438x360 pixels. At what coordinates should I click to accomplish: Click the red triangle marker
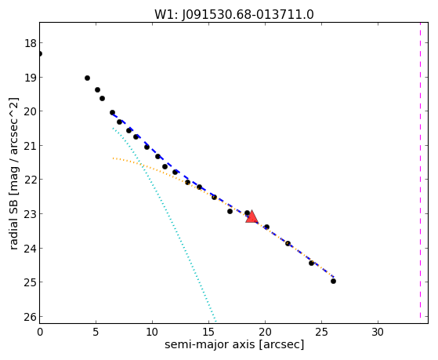252,216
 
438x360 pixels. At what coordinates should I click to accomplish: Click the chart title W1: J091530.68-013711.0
234,15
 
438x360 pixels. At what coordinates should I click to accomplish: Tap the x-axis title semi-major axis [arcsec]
234,344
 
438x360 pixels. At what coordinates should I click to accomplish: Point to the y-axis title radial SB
13,224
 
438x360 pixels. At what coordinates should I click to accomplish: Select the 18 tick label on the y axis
31,43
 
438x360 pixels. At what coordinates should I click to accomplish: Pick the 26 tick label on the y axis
31,317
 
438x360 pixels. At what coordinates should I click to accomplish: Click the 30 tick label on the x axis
378,333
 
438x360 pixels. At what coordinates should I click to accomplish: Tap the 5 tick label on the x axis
96,333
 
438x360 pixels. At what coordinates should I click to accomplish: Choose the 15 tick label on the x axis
208,333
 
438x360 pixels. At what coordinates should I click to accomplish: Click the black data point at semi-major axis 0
40,53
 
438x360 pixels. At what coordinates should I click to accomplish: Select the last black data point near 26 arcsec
333,281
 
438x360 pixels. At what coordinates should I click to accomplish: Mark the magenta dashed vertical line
420,170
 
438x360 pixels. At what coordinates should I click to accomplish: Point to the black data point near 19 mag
87,78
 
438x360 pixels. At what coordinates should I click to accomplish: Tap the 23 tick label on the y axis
31,214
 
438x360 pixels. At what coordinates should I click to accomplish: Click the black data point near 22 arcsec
288,243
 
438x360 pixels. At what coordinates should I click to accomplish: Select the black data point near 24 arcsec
311,263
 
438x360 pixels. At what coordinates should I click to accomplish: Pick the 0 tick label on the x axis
40,333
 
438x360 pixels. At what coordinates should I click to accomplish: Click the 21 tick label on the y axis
31,146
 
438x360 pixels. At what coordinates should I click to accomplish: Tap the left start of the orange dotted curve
113,158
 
